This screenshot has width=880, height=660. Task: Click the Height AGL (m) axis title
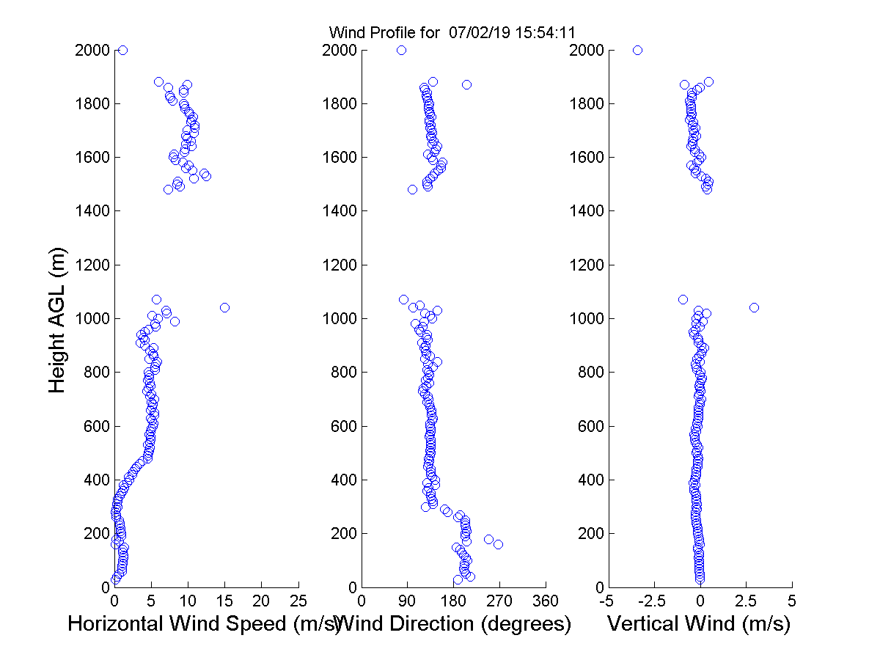coord(58,319)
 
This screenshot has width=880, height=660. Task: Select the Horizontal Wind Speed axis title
coord(205,624)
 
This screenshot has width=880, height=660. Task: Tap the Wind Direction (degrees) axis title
coord(455,624)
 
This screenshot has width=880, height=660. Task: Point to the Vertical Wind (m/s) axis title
coord(699,624)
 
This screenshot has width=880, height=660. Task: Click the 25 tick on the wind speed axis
coord(298,601)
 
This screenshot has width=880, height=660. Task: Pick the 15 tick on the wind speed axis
coord(224,601)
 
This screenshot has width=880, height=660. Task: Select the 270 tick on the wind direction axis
coord(499,601)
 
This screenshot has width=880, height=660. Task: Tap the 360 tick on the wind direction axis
coord(546,601)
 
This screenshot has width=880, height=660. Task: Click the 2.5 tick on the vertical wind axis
coord(746,601)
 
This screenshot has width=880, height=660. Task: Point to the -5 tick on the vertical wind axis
coord(606,601)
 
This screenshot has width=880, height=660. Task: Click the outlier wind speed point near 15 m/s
coord(224,307)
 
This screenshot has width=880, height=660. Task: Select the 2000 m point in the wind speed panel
coord(122,50)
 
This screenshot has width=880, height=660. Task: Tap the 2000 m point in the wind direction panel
coord(401,50)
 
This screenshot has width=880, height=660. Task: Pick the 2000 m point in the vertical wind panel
coord(637,50)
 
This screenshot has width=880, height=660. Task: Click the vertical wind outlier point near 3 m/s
coord(754,307)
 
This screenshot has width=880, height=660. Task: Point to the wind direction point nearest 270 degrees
coord(498,544)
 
